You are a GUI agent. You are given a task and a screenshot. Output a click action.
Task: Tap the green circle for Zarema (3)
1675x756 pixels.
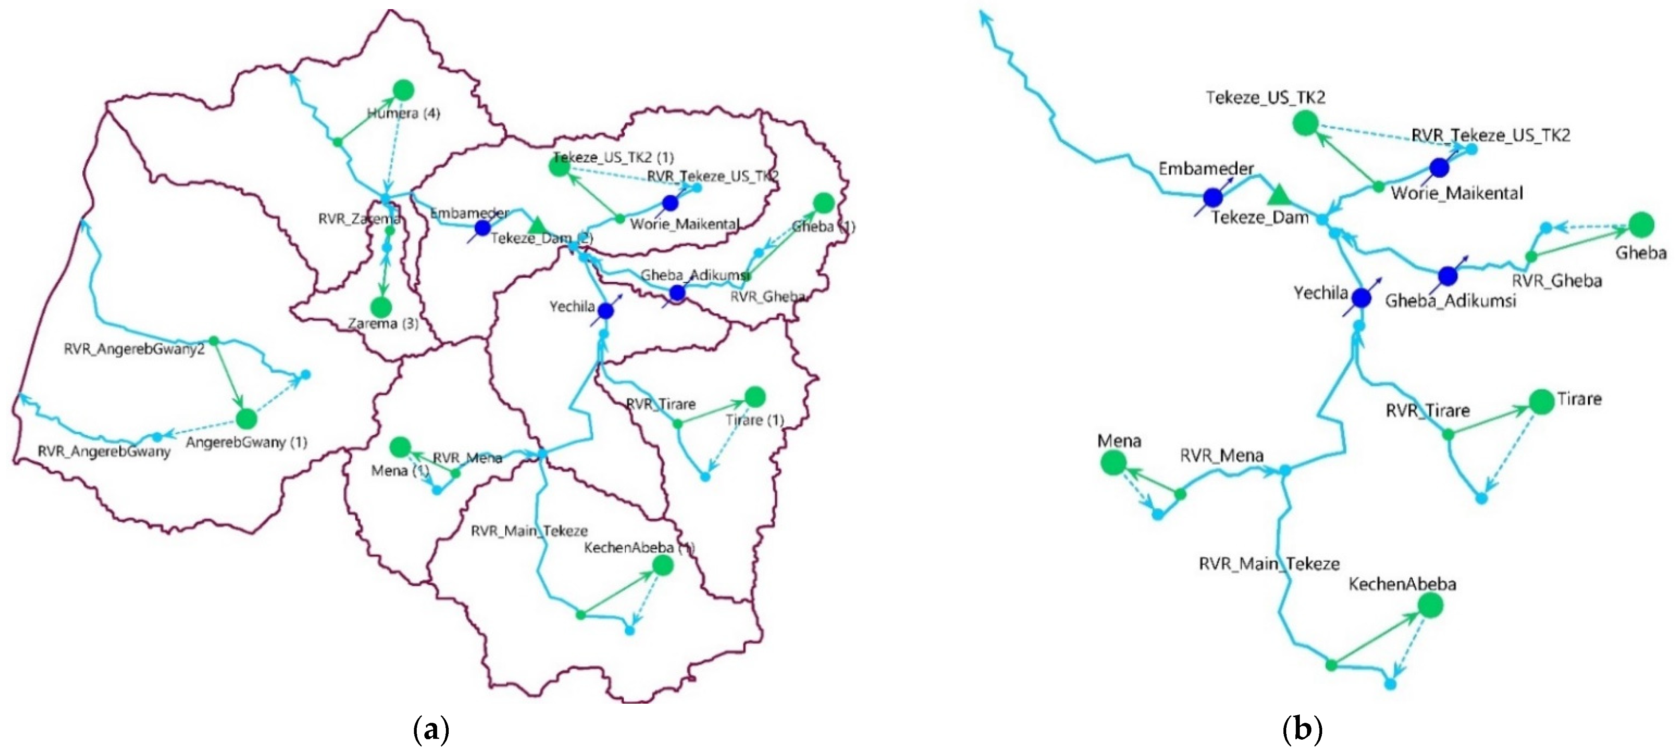pos(381,307)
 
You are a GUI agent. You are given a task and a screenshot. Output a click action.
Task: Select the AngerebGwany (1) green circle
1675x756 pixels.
pos(247,419)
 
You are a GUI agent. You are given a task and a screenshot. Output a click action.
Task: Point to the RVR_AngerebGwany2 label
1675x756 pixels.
pos(134,350)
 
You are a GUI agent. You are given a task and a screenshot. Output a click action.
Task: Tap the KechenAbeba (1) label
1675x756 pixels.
pos(639,548)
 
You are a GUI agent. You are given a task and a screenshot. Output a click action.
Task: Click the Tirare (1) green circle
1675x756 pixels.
pos(755,396)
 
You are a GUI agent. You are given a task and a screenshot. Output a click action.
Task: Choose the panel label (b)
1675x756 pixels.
pos(1303,730)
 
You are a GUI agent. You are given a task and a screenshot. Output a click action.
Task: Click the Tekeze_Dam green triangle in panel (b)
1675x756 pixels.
pos(1278,194)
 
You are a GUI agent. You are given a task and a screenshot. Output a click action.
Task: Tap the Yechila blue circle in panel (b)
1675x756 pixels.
pos(1362,298)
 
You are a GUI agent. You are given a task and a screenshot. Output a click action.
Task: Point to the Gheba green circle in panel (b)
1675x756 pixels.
pos(1641,225)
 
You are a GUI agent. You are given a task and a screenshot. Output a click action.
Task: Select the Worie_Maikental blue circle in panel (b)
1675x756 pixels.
pos(1439,168)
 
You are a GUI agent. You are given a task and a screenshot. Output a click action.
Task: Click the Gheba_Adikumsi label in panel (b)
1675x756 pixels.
pos(1450,301)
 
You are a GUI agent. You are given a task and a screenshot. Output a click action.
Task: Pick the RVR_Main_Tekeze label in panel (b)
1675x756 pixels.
pos(1269,563)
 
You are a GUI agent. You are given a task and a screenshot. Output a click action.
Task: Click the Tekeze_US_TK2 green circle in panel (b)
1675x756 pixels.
pos(1305,123)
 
